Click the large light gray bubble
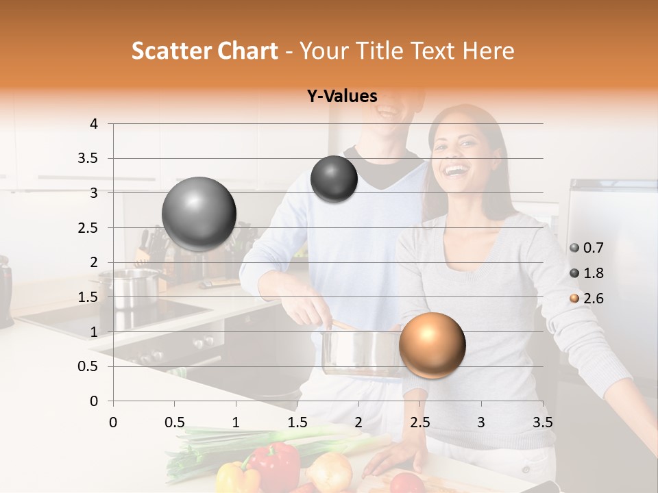point(199,214)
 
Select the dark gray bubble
point(334,179)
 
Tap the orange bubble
point(432,345)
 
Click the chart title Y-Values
point(342,97)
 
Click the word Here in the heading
point(488,51)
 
